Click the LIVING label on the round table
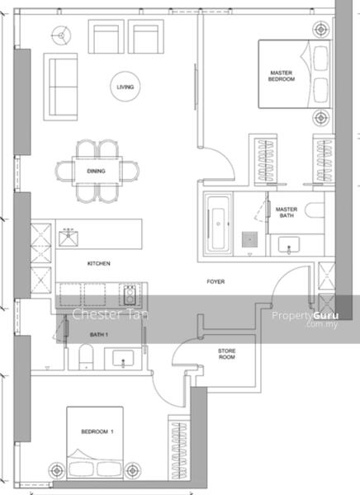coord(126,87)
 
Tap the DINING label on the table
coord(96,171)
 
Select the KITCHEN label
coord(98,263)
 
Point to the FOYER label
coord(216,281)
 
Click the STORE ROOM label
coord(226,354)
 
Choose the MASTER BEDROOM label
coord(282,76)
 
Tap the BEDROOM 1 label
coord(97,431)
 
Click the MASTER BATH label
coord(287,213)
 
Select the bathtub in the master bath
coord(218,224)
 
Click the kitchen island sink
coord(69,238)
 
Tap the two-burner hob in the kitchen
coord(130,295)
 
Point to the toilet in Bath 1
coord(86,356)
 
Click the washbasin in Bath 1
coord(123,359)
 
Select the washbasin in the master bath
coord(288,245)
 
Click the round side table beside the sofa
coord(62,35)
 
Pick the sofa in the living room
coord(60,87)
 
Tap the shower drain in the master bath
coord(249,239)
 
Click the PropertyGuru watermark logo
coord(306,318)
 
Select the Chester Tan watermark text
coord(110,314)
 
